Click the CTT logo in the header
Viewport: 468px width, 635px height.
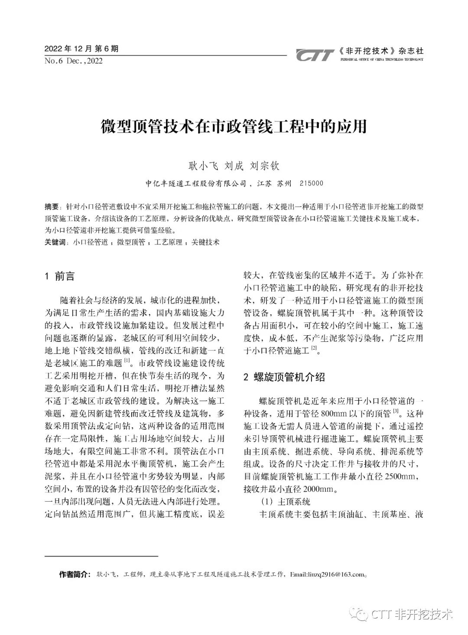(x=315, y=55)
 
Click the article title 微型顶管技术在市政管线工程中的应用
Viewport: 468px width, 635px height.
(x=234, y=127)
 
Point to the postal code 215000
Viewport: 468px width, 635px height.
(x=311, y=184)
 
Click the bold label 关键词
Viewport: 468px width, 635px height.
(x=55, y=242)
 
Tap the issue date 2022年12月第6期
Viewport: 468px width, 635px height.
(x=81, y=49)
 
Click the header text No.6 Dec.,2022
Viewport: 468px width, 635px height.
(x=73, y=61)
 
